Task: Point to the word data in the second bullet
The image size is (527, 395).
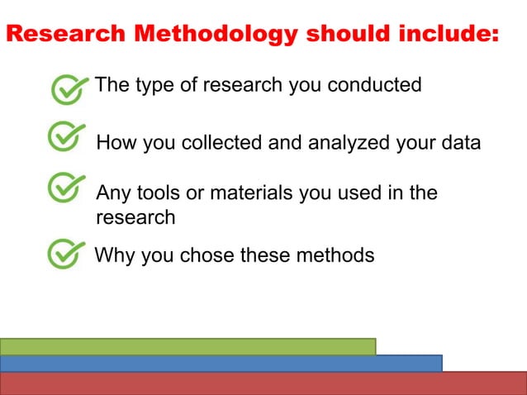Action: click(x=458, y=142)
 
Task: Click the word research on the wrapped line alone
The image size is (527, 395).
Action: click(x=135, y=218)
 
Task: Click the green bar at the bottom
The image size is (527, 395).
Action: click(x=188, y=346)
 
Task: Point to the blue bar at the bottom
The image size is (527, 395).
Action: click(x=221, y=364)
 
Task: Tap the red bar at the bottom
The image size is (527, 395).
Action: click(x=263, y=383)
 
